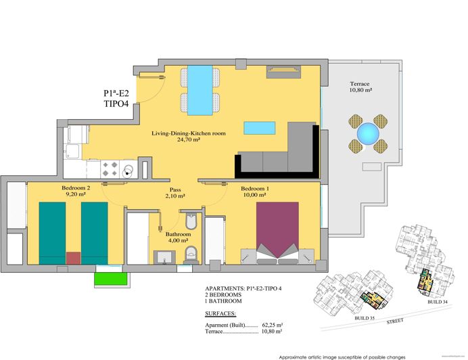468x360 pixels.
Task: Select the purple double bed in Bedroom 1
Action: click(277, 229)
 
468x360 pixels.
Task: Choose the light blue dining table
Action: click(200, 89)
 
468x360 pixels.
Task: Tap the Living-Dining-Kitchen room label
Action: click(188, 137)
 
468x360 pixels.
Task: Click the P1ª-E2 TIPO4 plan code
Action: click(116, 99)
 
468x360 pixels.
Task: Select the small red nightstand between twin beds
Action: click(73, 258)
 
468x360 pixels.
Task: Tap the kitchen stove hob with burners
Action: click(119, 167)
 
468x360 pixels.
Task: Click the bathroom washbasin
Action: click(163, 256)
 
